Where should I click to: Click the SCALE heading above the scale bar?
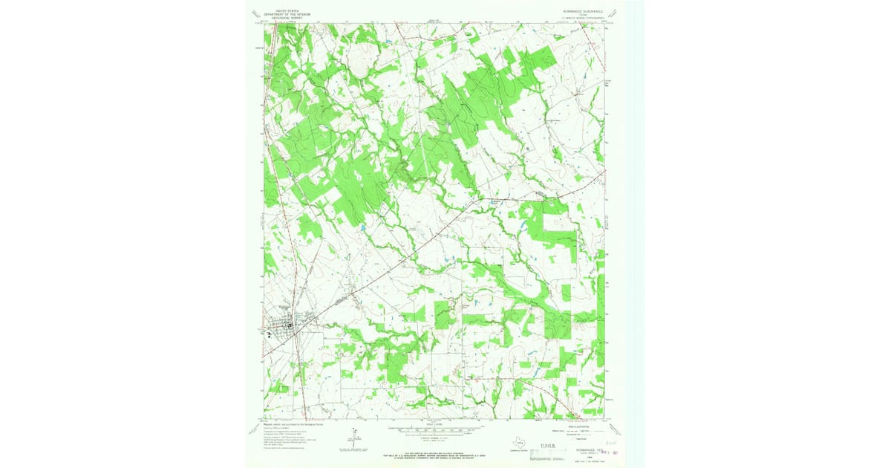click(435, 425)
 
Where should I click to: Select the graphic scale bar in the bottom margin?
click(435, 431)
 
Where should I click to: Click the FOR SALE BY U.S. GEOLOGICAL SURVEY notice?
click(435, 452)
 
